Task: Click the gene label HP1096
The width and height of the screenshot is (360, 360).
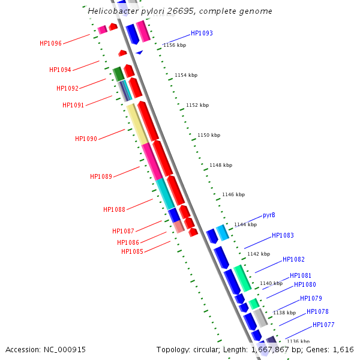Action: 50,43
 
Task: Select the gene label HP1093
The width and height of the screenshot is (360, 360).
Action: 202,34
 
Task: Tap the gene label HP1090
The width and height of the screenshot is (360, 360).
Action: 86,139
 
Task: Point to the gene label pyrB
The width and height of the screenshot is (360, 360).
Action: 269,215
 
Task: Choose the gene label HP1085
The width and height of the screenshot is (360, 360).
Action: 132,251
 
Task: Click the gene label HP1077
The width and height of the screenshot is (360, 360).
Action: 323,325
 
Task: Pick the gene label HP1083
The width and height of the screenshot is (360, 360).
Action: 283,236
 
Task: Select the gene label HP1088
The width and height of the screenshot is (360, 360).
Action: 114,209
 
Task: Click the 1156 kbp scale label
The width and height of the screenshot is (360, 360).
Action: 175,45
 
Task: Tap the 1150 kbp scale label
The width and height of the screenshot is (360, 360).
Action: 209,135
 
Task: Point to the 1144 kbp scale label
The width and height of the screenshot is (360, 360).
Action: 245,224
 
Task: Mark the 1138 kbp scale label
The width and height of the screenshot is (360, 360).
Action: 284,313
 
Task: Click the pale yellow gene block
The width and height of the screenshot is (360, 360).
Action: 137,123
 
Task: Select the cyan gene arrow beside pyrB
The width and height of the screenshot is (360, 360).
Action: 223,232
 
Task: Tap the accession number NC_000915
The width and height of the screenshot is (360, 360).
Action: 64,349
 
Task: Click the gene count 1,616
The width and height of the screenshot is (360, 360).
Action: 343,349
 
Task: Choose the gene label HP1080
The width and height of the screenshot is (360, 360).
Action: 305,284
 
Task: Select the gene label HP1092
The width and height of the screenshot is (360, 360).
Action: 67,88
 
